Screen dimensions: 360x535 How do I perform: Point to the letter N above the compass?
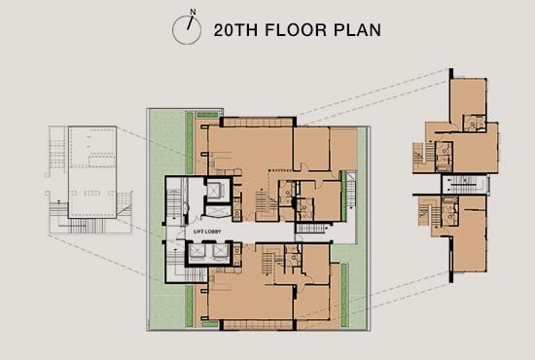(x=193, y=13)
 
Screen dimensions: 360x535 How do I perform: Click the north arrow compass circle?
(x=185, y=29)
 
